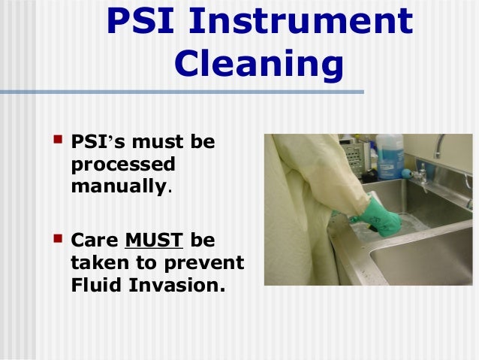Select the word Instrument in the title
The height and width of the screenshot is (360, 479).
pyautogui.click(x=301, y=22)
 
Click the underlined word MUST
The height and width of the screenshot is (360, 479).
pyautogui.click(x=154, y=241)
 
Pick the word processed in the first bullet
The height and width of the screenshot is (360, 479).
pyautogui.click(x=122, y=164)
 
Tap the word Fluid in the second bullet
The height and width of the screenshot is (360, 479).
pyautogui.click(x=97, y=286)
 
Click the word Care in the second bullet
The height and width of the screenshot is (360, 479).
pyautogui.click(x=95, y=241)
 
